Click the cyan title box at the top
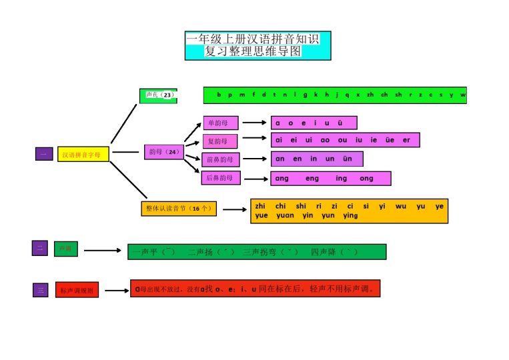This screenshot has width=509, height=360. click(x=258, y=45)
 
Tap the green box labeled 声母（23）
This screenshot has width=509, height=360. click(x=158, y=96)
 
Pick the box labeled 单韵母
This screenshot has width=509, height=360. click(x=221, y=123)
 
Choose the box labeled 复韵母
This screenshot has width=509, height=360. click(x=220, y=141)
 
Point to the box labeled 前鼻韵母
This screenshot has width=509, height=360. click(x=220, y=160)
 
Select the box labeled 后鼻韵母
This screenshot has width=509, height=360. click(x=220, y=177)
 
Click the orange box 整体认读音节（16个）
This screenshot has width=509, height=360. click(x=178, y=209)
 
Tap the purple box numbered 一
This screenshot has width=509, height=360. click(x=43, y=154)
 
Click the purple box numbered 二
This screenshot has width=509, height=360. click(x=39, y=248)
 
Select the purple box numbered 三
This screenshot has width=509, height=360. click(x=41, y=290)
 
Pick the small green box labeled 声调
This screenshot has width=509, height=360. click(x=65, y=249)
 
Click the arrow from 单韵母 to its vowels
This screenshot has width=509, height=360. click(x=254, y=123)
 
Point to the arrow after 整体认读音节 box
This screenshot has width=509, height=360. click(x=234, y=209)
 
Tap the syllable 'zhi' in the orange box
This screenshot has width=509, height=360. click(x=261, y=207)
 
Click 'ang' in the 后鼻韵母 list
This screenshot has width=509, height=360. click(x=282, y=179)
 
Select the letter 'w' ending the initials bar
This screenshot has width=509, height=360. click(x=462, y=95)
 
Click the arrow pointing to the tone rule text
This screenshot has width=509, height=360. click(x=117, y=291)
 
